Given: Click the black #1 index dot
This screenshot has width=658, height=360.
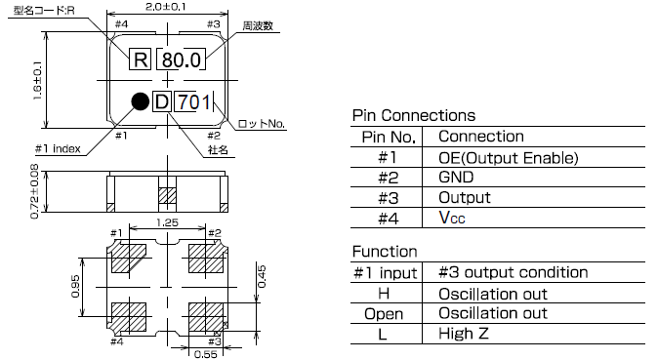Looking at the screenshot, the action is click(141, 101).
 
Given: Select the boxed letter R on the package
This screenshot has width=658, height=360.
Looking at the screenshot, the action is click(140, 60).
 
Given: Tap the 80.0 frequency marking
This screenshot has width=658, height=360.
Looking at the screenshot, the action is click(181, 60).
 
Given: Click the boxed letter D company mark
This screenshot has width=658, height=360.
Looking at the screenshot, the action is click(161, 101).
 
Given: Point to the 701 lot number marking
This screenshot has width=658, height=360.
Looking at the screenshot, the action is click(193, 102).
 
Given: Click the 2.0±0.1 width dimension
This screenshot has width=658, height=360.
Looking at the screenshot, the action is click(165, 6).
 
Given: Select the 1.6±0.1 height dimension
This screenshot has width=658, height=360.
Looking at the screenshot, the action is click(37, 80).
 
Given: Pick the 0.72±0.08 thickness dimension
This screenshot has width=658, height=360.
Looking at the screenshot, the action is click(34, 191).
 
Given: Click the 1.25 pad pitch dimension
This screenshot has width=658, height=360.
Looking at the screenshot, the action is click(168, 222).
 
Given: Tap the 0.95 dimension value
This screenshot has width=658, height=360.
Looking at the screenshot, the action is click(75, 286).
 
